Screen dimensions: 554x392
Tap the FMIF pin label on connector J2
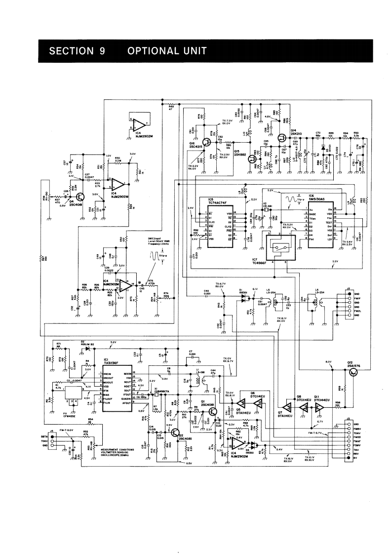(357, 298)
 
